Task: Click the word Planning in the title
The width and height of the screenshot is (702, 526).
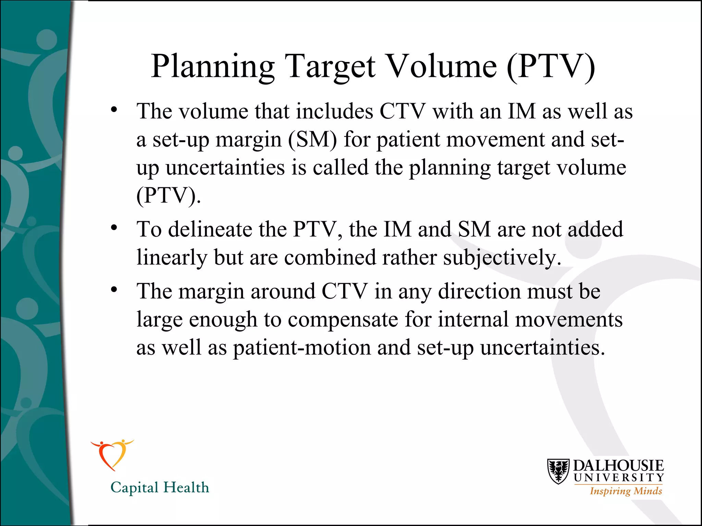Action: [x=213, y=67]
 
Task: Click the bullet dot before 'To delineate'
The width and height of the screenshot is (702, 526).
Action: [x=114, y=228]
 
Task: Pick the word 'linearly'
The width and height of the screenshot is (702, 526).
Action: [x=172, y=258]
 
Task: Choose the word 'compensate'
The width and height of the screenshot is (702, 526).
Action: [x=342, y=320]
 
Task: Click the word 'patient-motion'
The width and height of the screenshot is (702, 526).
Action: [x=302, y=348]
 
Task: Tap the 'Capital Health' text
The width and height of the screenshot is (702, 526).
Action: [x=160, y=487]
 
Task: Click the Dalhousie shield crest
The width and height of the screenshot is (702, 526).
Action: [x=558, y=471]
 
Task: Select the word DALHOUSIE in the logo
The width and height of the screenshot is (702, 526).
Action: [x=618, y=466]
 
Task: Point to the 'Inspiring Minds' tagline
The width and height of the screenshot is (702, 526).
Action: [x=626, y=491]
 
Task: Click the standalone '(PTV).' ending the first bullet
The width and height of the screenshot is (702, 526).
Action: [x=168, y=196]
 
